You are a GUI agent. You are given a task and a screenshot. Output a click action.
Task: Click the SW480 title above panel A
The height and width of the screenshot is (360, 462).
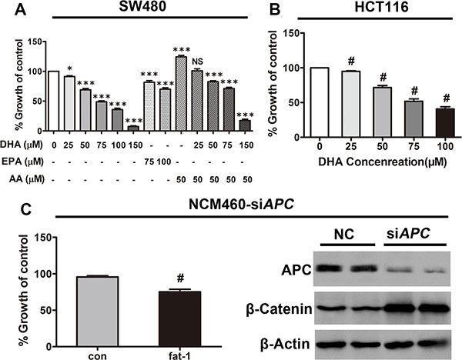point(139,11)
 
